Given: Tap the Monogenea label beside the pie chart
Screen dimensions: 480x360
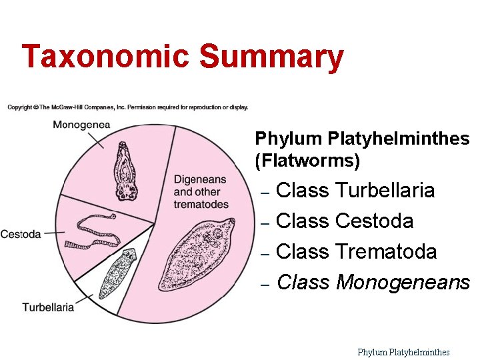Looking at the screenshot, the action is [81, 125].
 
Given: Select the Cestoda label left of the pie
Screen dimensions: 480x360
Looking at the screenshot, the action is [21, 234].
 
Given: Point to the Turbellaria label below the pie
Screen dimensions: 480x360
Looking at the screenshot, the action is [48, 307].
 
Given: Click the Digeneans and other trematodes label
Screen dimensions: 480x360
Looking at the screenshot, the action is [200, 192].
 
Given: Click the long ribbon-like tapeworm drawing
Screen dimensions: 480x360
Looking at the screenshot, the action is [93, 230].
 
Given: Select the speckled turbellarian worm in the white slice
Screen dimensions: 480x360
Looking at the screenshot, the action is [117, 273].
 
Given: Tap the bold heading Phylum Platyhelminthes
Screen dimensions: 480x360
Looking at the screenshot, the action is [362, 139].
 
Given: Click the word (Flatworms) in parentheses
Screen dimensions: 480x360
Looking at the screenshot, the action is [307, 161].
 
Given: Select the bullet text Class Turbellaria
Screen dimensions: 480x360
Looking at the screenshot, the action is [355, 191].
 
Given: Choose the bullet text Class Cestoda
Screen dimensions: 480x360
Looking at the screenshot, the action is [344, 221].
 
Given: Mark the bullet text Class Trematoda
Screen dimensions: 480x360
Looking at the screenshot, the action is [356, 252].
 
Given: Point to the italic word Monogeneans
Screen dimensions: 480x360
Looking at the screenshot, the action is [403, 283].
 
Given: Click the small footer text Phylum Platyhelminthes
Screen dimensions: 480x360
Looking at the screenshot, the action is [403, 352].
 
